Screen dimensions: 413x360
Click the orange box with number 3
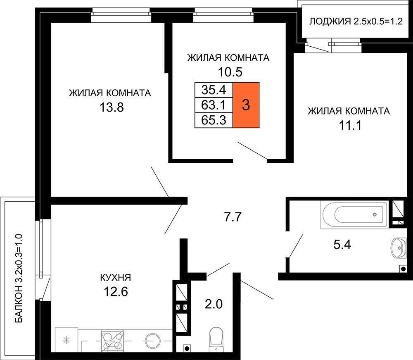[x=246, y=105]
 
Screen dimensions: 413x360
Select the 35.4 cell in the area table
[x=214, y=90]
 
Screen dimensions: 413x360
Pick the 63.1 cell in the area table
[x=214, y=105]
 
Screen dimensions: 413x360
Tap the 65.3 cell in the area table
[x=214, y=120]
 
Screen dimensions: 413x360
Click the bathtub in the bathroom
[x=355, y=215]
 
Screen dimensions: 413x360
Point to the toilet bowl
[x=216, y=339]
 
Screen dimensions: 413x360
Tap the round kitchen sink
[x=153, y=341]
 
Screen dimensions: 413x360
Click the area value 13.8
[x=112, y=107]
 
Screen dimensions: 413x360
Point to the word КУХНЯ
[x=115, y=277]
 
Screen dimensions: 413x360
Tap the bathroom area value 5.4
[x=342, y=245]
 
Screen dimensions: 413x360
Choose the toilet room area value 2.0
[x=214, y=304]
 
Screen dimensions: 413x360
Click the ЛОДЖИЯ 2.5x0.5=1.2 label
[x=356, y=21]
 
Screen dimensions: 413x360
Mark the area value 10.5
[x=230, y=72]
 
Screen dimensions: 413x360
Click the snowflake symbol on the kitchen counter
[x=66, y=340]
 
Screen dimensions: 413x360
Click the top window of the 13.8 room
[x=121, y=15]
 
